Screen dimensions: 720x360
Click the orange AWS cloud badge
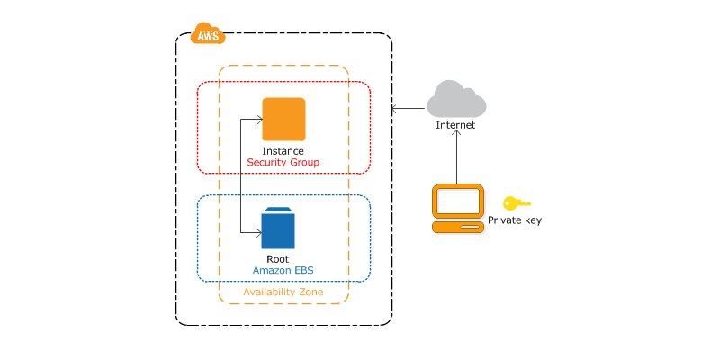(208, 33)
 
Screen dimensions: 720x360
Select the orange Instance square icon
(283, 119)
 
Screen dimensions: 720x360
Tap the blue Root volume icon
(278, 229)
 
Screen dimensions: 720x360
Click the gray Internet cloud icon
(456, 99)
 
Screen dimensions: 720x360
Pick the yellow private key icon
(517, 203)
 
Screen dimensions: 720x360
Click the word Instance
(283, 151)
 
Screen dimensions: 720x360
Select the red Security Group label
(283, 163)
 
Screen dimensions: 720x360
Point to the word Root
(278, 259)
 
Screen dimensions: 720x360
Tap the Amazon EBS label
(283, 271)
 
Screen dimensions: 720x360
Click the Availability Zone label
(283, 292)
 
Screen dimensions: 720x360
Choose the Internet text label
(455, 125)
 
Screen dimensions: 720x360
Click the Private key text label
(515, 220)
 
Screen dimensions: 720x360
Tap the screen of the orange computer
(458, 201)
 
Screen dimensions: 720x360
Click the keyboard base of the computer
(458, 227)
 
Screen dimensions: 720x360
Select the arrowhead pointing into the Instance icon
(259, 120)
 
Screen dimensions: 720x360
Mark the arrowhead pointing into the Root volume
(258, 234)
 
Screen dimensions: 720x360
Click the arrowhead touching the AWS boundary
(394, 109)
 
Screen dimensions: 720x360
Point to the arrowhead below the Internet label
(457, 133)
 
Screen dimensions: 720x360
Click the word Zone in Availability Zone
(310, 292)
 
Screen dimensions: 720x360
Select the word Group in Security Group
(305, 163)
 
